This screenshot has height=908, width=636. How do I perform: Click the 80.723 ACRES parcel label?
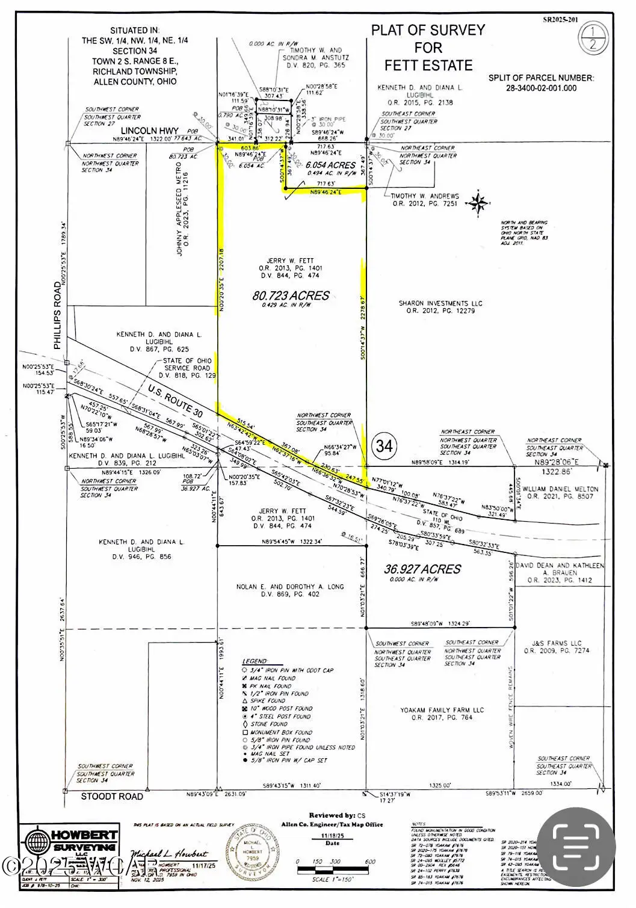tap(291, 295)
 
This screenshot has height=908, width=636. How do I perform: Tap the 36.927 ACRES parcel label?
tap(422, 569)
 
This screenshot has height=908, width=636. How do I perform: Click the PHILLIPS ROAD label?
tap(58, 315)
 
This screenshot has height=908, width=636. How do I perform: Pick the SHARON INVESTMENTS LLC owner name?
tap(440, 303)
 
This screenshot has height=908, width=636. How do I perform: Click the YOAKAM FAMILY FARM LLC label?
tap(442, 710)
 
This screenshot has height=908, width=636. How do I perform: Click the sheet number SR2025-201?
tap(560, 19)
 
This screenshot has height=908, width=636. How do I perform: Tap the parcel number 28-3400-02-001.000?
tap(542, 88)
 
